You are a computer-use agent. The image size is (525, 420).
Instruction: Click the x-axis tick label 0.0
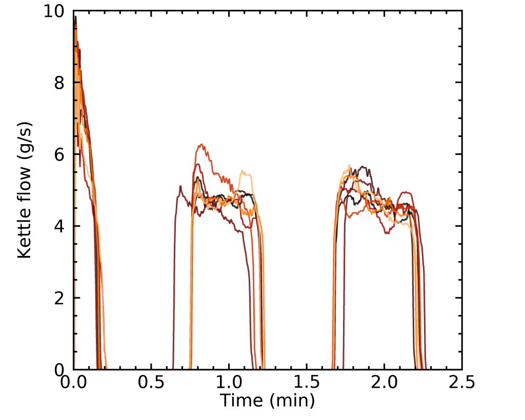[x=74, y=383]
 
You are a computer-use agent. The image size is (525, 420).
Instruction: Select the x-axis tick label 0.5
[x=151, y=383]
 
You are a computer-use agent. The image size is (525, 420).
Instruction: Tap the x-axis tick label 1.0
[x=229, y=383]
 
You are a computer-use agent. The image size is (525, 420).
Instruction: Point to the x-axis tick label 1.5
[x=307, y=383]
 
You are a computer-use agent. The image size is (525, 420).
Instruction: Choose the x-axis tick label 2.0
[x=385, y=383]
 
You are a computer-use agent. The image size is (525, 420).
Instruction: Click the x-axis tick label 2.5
[x=462, y=383]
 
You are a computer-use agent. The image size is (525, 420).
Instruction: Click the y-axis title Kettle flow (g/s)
[x=25, y=190]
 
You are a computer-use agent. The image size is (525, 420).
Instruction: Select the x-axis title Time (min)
[x=267, y=399]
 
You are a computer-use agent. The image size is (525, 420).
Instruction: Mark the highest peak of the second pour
[x=201, y=145]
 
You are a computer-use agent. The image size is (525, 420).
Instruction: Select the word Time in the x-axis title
[x=237, y=399]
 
